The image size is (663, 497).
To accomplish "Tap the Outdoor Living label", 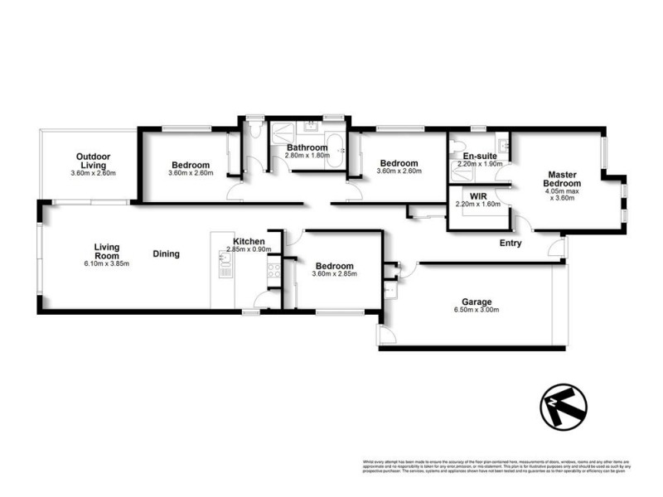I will [93, 160].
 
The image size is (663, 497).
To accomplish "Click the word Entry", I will [511, 243].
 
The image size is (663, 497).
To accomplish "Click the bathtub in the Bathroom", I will [335, 152].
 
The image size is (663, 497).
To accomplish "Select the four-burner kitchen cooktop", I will [272, 268].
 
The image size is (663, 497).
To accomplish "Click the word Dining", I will [166, 254].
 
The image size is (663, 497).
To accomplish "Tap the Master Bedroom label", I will [561, 178].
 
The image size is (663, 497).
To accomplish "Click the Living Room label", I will [106, 250].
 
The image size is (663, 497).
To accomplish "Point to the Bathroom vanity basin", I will [311, 128].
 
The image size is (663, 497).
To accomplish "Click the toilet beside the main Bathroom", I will [255, 133].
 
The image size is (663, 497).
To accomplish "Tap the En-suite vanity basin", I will [477, 141].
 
